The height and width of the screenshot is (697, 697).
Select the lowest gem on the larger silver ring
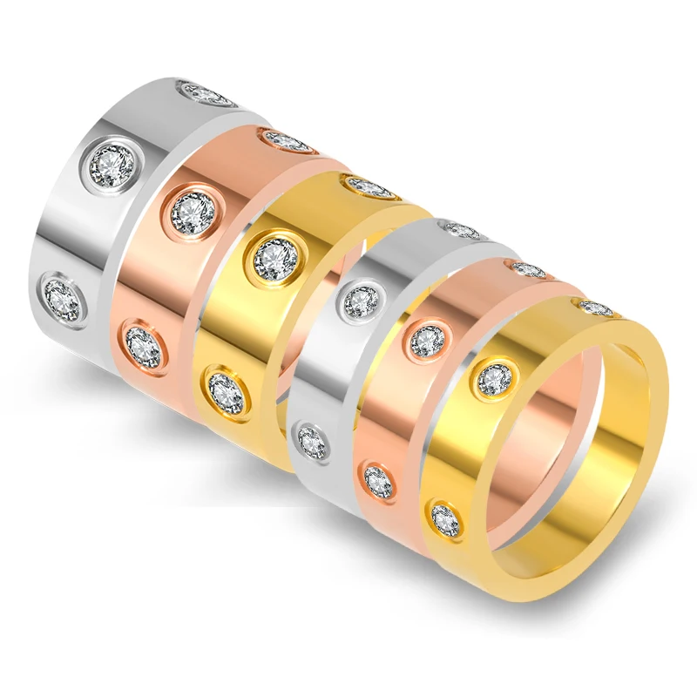click(64, 298)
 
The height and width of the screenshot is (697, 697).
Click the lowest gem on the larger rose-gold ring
click(144, 346)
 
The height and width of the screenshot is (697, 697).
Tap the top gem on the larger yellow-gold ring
click(369, 186)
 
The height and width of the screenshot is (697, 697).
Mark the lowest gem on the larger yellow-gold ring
click(225, 391)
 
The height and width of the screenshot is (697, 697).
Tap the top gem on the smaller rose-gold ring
click(529, 270)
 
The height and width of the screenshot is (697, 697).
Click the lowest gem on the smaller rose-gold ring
click(379, 481)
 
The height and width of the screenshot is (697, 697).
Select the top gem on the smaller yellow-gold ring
click(596, 308)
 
